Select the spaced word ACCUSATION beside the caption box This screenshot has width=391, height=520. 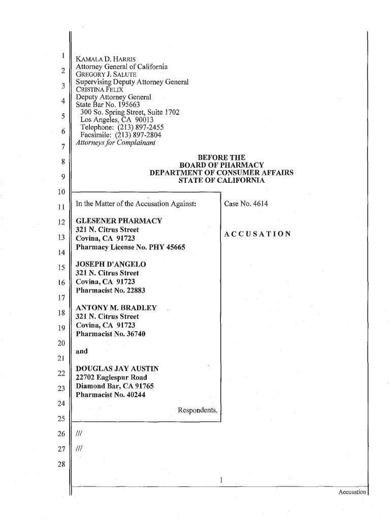pos(257,234)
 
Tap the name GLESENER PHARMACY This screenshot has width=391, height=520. pos(119,221)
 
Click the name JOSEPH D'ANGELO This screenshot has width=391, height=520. pos(110,265)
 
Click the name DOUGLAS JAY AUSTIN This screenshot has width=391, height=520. pos(117,369)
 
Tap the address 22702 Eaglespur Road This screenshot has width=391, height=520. pos(111,377)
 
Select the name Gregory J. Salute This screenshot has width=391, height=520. pos(100,74)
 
